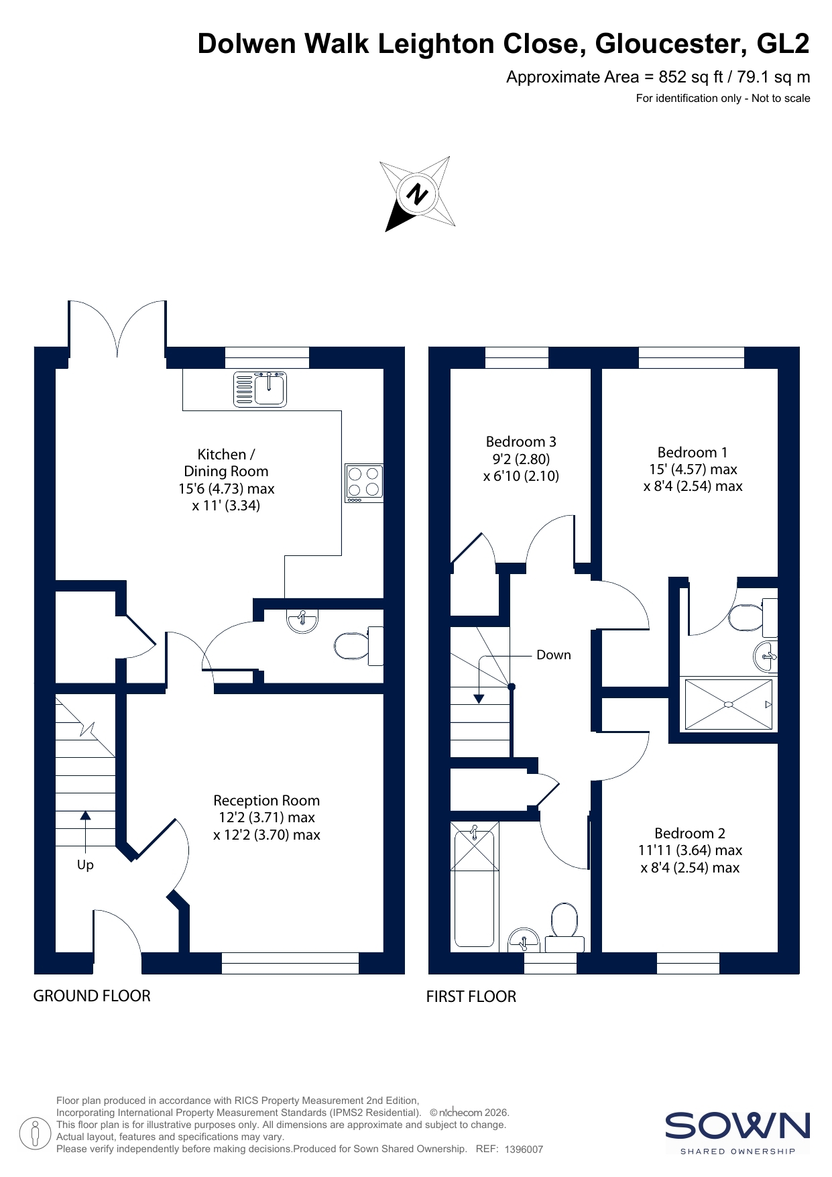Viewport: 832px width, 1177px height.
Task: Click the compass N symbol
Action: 417,194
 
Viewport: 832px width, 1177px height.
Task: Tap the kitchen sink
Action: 260,389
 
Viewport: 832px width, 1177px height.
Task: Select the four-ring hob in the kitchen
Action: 364,483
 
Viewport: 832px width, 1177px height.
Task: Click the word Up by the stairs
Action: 85,865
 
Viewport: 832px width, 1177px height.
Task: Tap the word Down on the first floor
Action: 554,655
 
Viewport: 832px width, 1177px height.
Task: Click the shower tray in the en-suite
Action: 729,704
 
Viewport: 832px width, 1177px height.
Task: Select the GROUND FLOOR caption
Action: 92,996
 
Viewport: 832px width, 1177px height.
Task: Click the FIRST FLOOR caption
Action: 471,997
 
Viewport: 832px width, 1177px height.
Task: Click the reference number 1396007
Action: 524,1150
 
